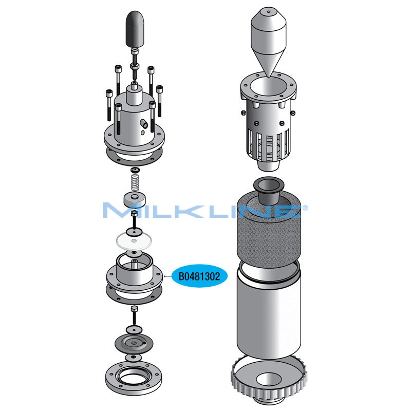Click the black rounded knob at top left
[135, 29]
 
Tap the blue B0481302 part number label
[199, 276]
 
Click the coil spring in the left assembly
[135, 183]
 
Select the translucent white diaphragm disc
[134, 241]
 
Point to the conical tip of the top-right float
[269, 76]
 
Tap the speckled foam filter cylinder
[269, 231]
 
